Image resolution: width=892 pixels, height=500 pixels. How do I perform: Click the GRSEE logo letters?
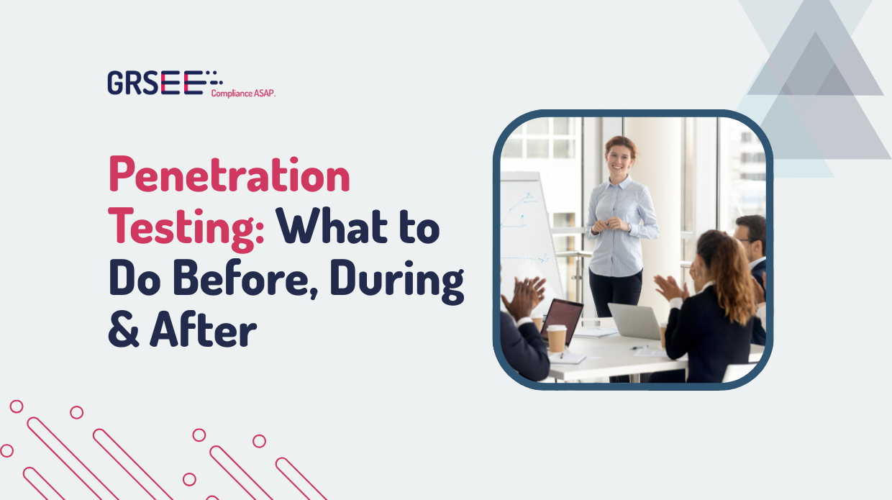pos(155,83)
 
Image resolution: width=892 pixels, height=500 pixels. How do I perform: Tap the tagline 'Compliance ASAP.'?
pos(243,93)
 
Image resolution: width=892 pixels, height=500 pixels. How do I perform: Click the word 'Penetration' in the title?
pos(229,176)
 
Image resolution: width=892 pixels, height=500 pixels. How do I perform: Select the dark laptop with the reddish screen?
pos(563,320)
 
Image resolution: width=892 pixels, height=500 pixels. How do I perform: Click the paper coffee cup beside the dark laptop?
pos(557,338)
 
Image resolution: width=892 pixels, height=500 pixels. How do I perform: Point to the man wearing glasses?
pos(750,242)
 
